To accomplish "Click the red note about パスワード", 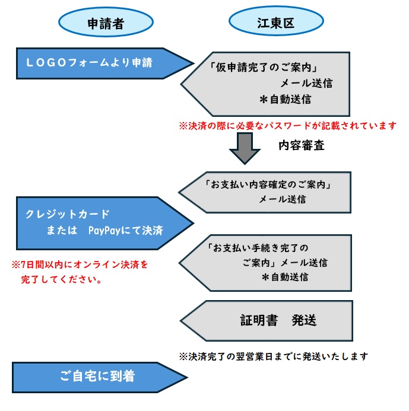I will (287, 125).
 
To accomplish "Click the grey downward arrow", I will (245, 148).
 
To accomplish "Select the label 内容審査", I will (301, 146).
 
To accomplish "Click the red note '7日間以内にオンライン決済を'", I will (79, 263).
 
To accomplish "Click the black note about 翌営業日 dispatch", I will (274, 356).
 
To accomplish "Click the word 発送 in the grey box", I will (304, 321).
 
